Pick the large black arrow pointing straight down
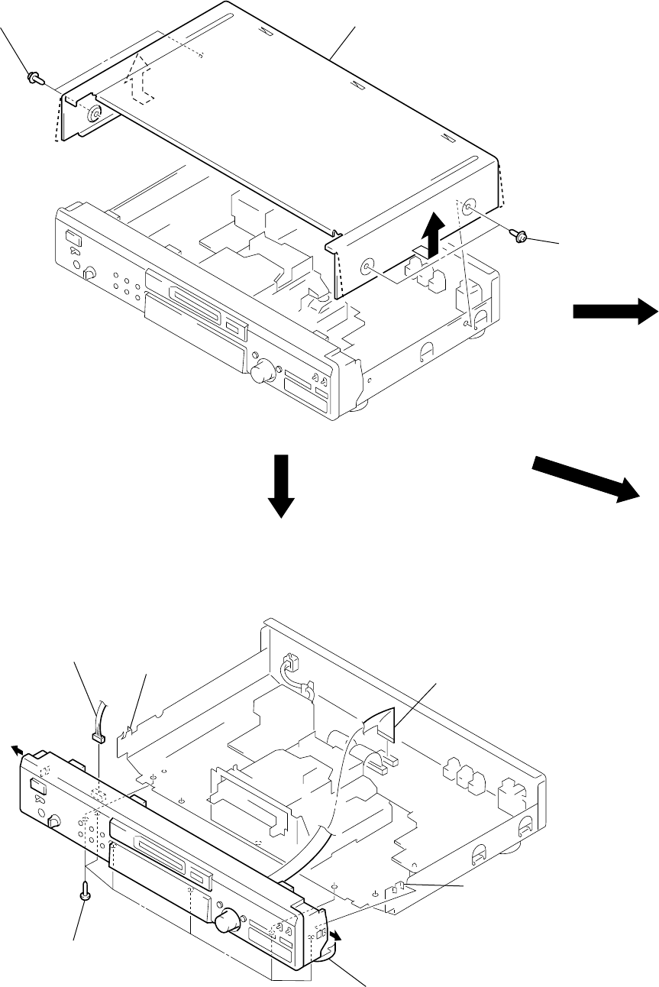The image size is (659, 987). coord(282,486)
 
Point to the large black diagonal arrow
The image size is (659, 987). coord(586,478)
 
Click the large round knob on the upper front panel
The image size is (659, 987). coord(263,373)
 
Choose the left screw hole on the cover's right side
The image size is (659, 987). coord(367,267)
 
